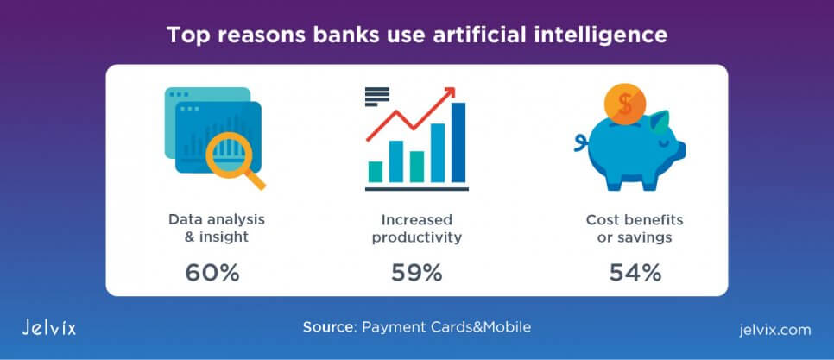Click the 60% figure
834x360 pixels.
(212, 273)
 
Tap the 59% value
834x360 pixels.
(417, 273)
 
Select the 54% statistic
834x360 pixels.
(635, 273)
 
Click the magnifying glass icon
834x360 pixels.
(233, 158)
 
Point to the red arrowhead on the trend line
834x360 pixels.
(450, 92)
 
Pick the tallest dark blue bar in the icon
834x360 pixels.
(458, 142)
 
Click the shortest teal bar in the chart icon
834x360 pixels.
(376, 172)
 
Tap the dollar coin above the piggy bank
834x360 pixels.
(625, 105)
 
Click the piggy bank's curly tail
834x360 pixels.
(580, 142)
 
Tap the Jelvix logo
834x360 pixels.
(49, 326)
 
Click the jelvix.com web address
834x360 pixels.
(775, 330)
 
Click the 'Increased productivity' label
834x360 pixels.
(416, 228)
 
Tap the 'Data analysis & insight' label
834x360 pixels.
(217, 228)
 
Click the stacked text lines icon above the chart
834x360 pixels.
(377, 97)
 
